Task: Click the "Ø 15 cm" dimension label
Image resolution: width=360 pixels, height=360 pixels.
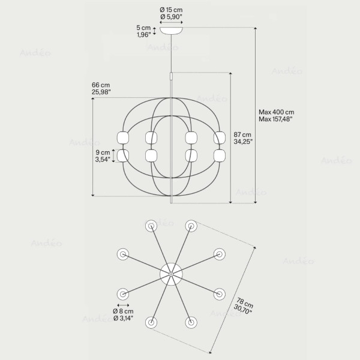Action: point(171,10)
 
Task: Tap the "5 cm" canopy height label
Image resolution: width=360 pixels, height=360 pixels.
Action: point(143,28)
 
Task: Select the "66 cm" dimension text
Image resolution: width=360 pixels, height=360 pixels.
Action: point(101,85)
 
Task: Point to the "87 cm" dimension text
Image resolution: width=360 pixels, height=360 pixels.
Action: point(242,134)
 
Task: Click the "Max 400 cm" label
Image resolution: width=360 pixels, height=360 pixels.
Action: point(277,112)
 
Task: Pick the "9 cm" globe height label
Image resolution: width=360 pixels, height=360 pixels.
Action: point(103,152)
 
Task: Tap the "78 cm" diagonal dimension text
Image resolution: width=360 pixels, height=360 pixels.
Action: point(245,303)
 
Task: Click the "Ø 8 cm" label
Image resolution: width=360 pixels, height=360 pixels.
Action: point(123,311)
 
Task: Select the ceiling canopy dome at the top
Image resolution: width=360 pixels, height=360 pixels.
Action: point(171,31)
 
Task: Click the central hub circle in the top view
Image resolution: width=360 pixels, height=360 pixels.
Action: point(171,274)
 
